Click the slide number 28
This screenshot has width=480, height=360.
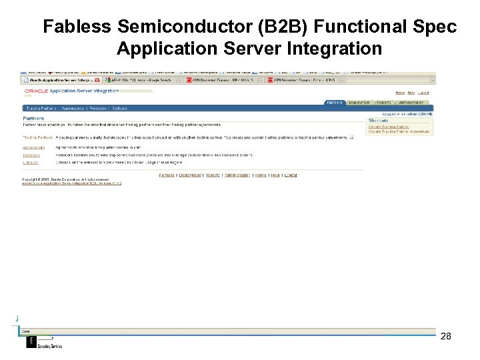click(x=446, y=336)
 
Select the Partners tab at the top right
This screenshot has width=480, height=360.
click(x=335, y=103)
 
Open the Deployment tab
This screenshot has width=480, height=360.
click(x=359, y=103)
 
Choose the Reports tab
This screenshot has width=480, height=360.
click(x=383, y=103)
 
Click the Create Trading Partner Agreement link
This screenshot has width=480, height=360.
click(x=399, y=131)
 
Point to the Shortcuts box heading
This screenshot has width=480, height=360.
click(x=378, y=120)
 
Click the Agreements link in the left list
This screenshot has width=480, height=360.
click(x=34, y=147)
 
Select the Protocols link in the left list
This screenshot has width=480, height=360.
click(x=31, y=155)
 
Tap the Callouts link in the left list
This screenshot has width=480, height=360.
click(x=31, y=162)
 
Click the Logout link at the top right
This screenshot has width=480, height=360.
click(x=425, y=92)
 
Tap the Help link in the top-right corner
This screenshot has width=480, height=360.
click(x=411, y=92)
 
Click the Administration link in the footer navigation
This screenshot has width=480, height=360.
click(x=237, y=175)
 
